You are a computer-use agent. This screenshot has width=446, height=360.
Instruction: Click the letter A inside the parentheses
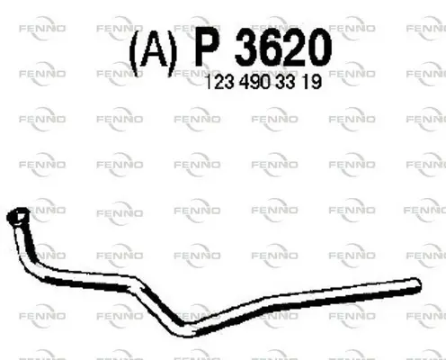(x=154, y=50)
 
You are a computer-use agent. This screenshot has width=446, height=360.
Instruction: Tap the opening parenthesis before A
(x=134, y=53)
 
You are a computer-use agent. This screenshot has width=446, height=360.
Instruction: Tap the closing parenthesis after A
(x=172, y=53)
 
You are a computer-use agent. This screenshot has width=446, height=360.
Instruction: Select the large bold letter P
(x=207, y=47)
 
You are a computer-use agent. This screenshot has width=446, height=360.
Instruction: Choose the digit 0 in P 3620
(x=320, y=47)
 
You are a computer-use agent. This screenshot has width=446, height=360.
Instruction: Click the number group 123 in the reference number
(x=219, y=82)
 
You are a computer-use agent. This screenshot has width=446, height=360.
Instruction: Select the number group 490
(x=255, y=82)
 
